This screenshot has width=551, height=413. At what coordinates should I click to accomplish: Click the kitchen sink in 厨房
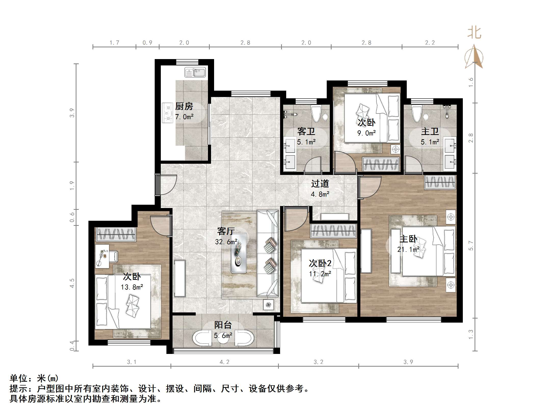[x=195, y=72]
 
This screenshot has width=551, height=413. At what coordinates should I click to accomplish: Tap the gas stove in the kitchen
[x=167, y=113]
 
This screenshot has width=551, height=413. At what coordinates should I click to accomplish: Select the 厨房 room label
[x=184, y=106]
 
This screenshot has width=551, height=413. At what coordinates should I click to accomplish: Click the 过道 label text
[x=320, y=184]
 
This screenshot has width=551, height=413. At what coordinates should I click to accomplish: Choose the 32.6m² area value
[x=226, y=242]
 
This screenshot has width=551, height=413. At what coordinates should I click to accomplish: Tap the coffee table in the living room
[x=239, y=253]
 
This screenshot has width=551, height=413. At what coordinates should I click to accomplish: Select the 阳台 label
[x=223, y=325]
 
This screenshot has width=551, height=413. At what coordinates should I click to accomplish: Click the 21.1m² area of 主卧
[x=408, y=250]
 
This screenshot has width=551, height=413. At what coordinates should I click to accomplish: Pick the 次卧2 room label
[x=320, y=263]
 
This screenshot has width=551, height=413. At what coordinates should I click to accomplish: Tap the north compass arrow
[x=474, y=57]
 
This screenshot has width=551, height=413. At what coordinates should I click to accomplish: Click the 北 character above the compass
[x=474, y=33]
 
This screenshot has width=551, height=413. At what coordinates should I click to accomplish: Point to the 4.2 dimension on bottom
[x=225, y=362]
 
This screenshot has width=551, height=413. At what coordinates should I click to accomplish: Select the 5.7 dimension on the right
[x=471, y=246]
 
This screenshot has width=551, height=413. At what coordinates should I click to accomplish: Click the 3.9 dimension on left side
[x=72, y=113]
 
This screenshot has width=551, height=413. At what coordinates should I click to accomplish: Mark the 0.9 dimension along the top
[x=147, y=43]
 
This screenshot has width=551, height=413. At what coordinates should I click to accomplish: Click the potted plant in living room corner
[x=268, y=305]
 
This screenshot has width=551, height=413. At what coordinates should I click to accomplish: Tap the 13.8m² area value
[x=132, y=287]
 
